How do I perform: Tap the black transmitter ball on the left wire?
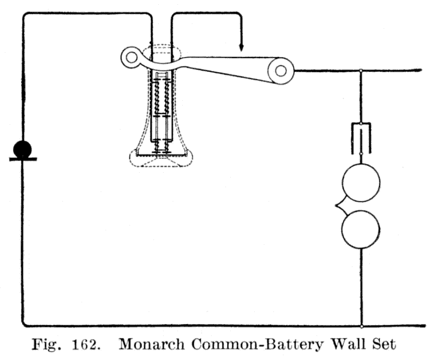[x=22, y=149]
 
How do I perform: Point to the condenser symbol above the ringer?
[x=360, y=137]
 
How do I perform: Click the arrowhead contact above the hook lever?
[x=241, y=47]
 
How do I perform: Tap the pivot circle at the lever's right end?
[x=280, y=71]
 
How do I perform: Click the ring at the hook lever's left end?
[x=129, y=59]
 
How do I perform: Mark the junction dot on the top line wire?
[x=360, y=71]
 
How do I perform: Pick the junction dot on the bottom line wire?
[x=361, y=326]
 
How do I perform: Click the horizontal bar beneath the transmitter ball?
[x=23, y=159]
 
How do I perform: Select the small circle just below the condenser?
[x=360, y=154]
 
